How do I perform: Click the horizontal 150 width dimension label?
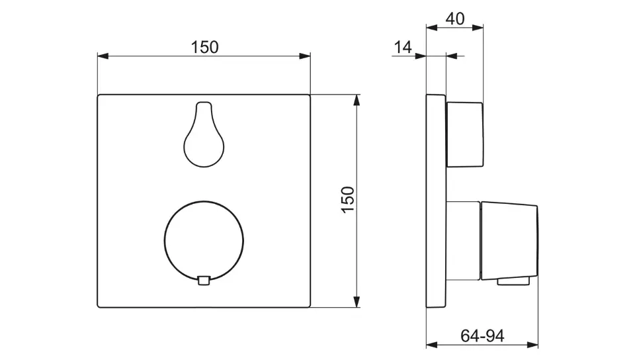204,48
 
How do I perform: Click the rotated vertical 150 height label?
348,199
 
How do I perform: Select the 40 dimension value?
455,19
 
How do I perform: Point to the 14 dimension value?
403,48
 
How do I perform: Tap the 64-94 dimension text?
482,336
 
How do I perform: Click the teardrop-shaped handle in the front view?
204,134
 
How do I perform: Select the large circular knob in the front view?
204,242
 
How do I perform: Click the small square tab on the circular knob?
204,280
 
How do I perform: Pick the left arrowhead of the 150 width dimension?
103,56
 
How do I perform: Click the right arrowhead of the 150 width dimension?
305,56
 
